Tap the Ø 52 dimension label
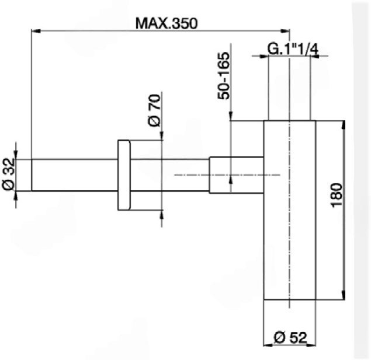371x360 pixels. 290,337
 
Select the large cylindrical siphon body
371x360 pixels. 290,233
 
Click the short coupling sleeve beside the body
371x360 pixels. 237,175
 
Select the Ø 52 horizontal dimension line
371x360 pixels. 290,345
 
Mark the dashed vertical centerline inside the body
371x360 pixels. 290,257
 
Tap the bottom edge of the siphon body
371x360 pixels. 290,300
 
